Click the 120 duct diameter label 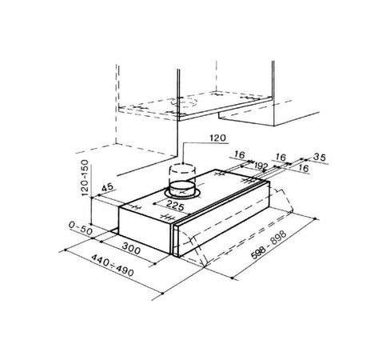click(x=217, y=138)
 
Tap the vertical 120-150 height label click(x=85, y=178)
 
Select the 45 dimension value click(x=107, y=187)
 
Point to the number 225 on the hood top click(x=175, y=206)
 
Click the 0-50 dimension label click(x=81, y=228)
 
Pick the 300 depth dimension click(x=131, y=249)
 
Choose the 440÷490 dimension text click(x=113, y=266)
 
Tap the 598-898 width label click(x=269, y=244)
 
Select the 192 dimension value click(x=261, y=166)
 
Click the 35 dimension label click(x=320, y=157)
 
